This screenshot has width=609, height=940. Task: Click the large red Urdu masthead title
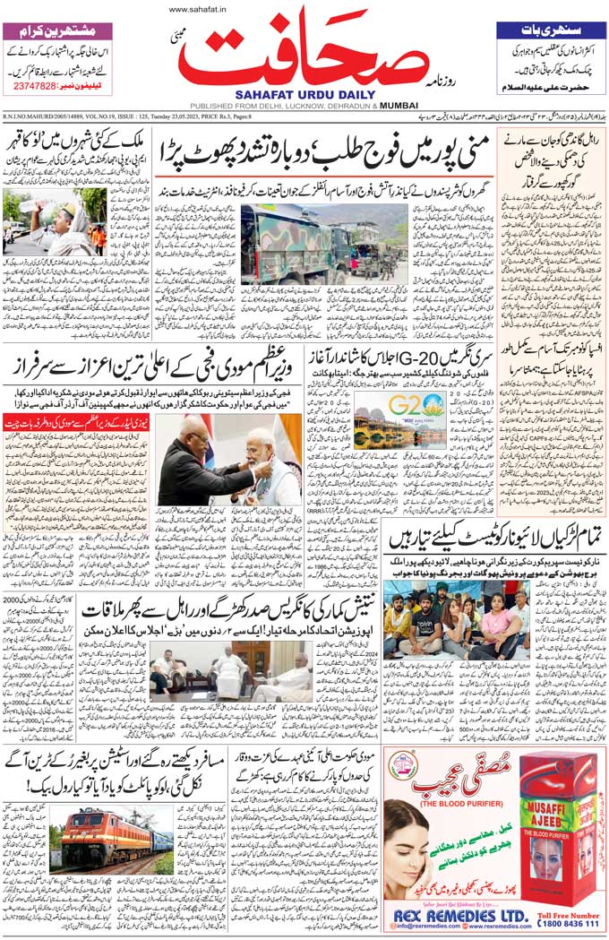pos(305,52)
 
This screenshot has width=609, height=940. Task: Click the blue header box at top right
pos(550,30)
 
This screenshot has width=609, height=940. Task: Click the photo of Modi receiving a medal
pos(229,459)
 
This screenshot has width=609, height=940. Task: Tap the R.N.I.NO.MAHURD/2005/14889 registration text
pos(54,117)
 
